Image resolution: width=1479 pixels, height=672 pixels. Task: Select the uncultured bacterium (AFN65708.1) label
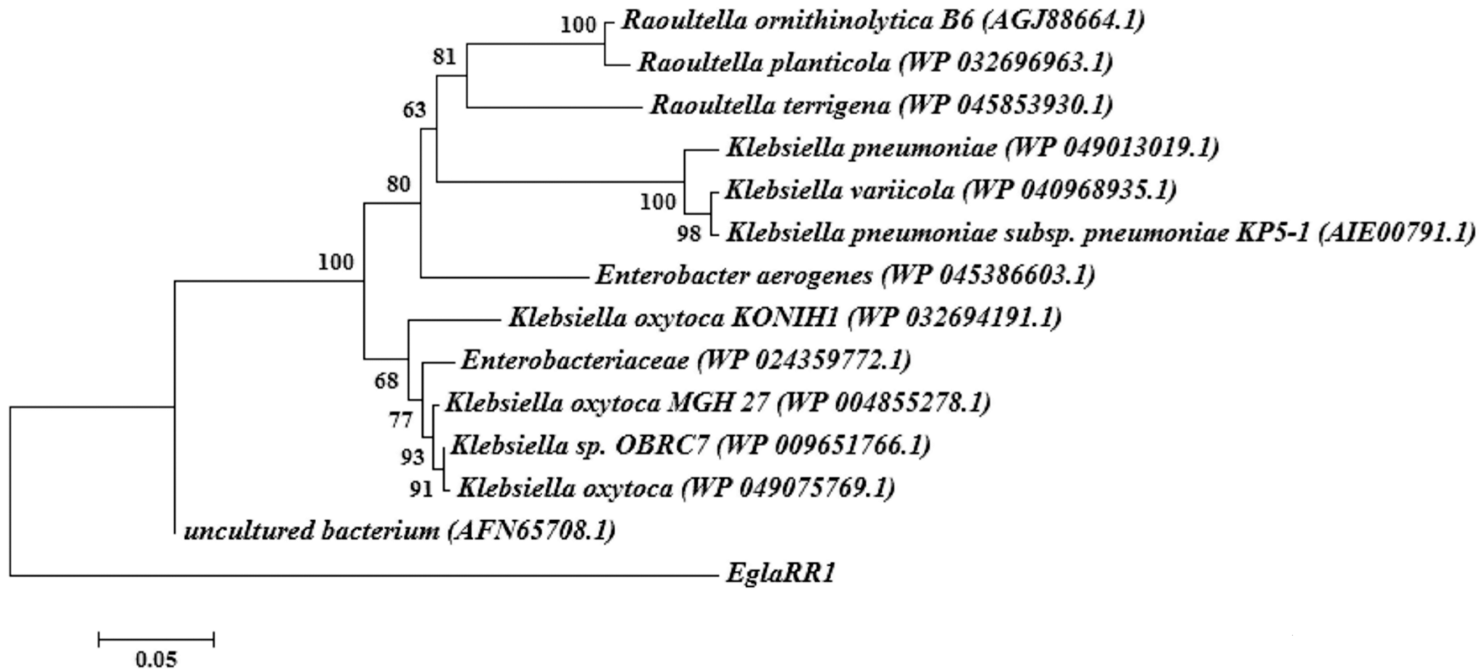click(x=399, y=531)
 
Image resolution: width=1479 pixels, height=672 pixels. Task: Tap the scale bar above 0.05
click(x=156, y=639)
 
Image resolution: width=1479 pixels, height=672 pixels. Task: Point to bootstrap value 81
click(x=444, y=56)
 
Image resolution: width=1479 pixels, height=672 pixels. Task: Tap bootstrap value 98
click(x=688, y=234)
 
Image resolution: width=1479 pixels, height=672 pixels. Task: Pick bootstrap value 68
click(x=386, y=380)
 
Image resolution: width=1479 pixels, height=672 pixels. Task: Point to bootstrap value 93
click(x=412, y=457)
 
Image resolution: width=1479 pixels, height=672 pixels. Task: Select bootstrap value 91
click(x=421, y=489)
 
